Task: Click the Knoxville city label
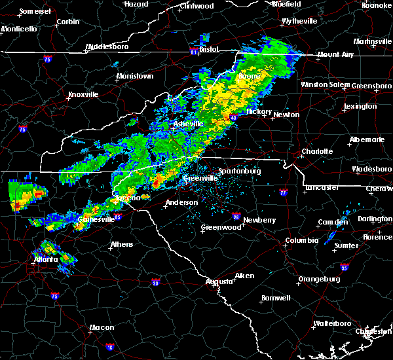coord(83,94)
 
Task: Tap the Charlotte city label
coord(316,151)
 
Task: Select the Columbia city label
coord(301,241)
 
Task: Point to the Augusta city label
coord(219,281)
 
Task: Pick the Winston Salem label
coord(326,84)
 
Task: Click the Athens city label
coord(122,244)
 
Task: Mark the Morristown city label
coord(134,76)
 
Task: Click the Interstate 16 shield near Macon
coord(109,347)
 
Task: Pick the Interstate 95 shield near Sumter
coord(345,267)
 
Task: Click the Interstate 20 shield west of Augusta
coord(155,282)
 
